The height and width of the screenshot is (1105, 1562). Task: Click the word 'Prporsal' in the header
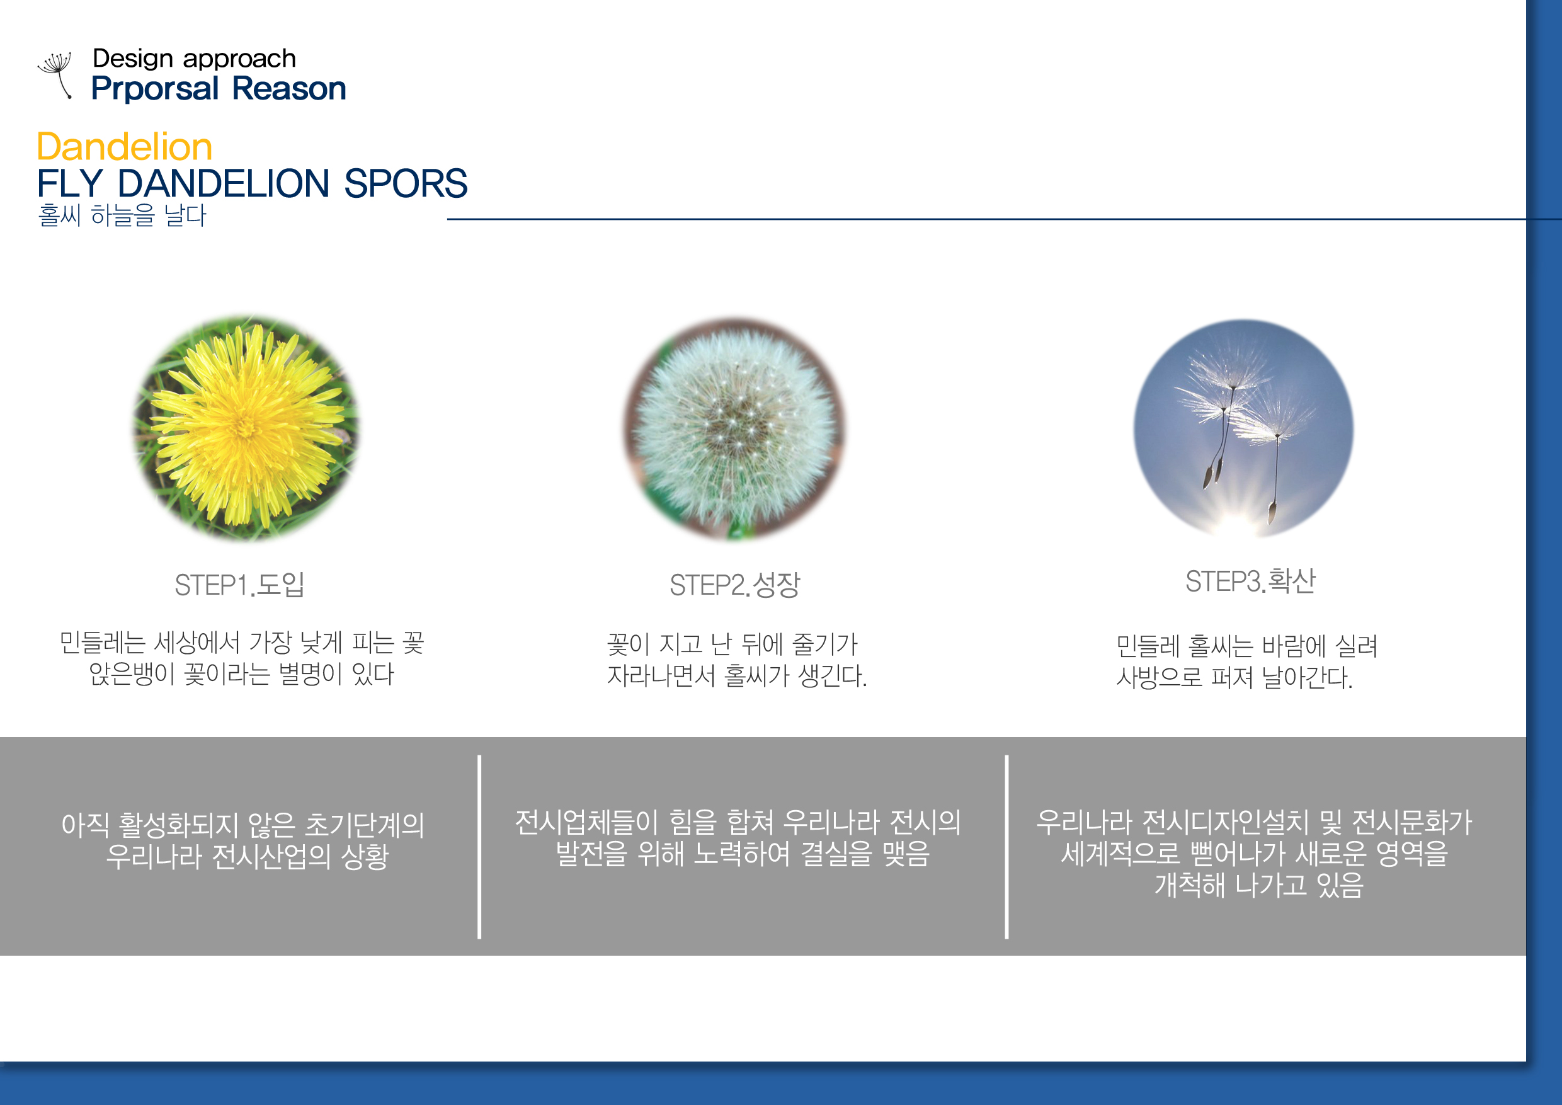(155, 89)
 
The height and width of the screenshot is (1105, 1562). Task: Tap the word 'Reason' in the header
(289, 88)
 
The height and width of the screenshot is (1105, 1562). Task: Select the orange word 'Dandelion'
(125, 146)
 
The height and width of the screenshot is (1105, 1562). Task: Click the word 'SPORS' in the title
(406, 183)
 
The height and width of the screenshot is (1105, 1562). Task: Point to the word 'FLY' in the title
(69, 183)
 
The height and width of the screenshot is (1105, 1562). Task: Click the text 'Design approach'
(195, 59)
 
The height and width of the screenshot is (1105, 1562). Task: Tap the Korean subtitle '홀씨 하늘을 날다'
(122, 215)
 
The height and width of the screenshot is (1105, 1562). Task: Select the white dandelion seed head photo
(735, 428)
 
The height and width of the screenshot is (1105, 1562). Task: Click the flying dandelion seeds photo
(1243, 428)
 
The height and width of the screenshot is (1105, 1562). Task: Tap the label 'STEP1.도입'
(239, 585)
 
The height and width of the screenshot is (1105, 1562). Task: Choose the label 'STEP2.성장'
(735, 585)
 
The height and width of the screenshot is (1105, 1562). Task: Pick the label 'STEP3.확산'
(1250, 581)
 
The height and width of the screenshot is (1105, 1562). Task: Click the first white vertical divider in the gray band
(479, 847)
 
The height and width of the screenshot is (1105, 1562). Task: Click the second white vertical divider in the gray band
(1007, 847)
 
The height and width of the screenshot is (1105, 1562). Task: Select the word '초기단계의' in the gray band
(365, 825)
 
